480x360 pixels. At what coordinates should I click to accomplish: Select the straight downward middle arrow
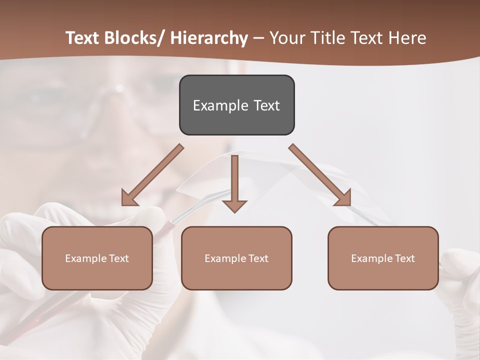[234, 182]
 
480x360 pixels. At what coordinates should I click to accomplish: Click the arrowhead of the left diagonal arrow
[128, 199]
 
